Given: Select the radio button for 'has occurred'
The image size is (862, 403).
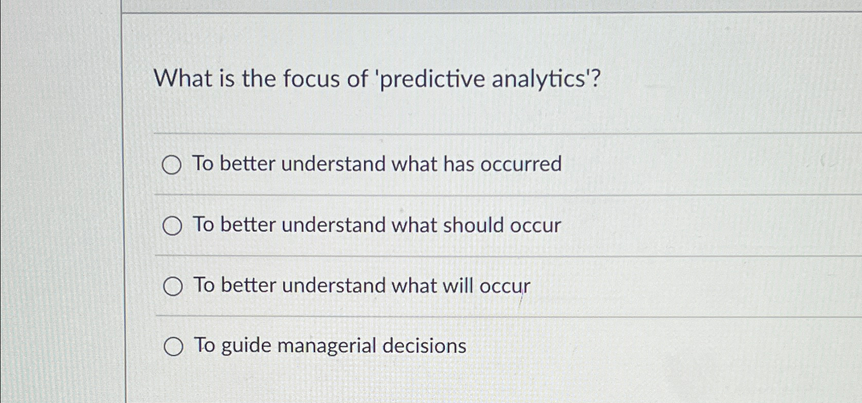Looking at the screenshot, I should [172, 165].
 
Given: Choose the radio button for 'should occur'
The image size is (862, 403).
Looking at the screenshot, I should [172, 226].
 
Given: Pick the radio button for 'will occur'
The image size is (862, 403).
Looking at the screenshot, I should [173, 287].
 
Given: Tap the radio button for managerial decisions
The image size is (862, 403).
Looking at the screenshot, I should [173, 347].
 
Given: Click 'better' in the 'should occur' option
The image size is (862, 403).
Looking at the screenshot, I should [248, 225].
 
